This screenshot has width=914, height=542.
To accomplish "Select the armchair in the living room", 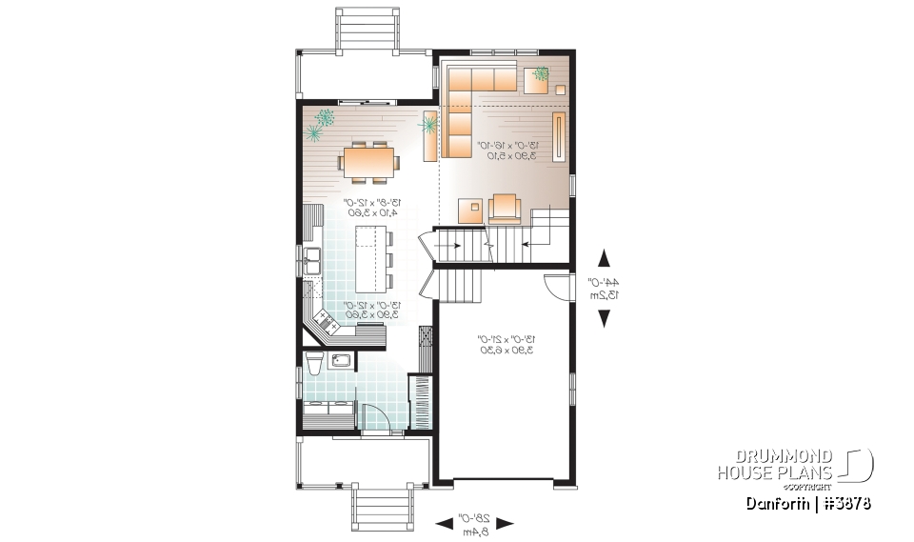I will (x=505, y=207).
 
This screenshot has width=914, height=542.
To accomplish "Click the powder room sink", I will (x=339, y=359).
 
